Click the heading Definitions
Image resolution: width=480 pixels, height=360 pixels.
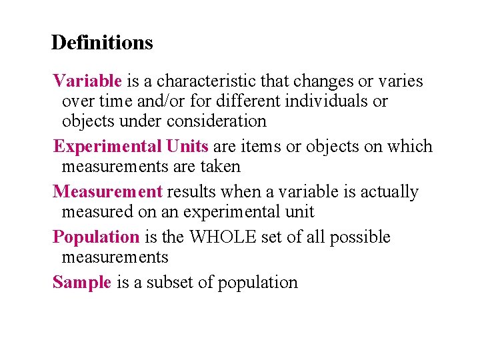click(102, 43)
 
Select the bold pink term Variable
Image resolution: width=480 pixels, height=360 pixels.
click(87, 81)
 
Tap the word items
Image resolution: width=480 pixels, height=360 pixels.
click(265, 147)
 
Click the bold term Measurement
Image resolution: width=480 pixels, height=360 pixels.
click(107, 192)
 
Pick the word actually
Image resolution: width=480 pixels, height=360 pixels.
click(389, 192)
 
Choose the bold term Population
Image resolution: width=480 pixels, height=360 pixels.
click(96, 237)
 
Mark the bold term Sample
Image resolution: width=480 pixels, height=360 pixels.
click(82, 283)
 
